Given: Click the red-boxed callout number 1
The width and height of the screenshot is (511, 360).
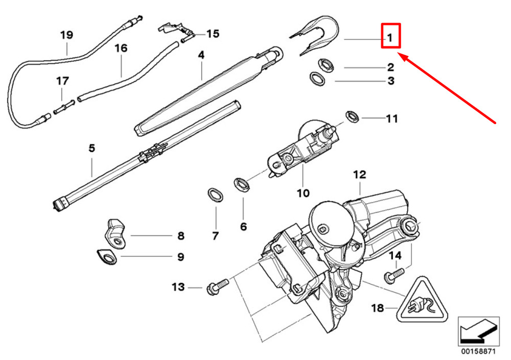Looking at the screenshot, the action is point(390,38).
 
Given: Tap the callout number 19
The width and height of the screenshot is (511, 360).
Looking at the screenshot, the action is point(66,35).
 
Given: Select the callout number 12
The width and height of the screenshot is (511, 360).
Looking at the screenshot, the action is point(360,175).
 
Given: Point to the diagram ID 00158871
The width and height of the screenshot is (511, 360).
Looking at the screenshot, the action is point(478,351).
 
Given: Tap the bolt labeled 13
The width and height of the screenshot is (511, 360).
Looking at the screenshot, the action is point(218,287).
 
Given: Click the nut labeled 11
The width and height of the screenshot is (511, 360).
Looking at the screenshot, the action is point(352,116).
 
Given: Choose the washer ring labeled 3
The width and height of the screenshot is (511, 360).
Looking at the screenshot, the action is point(317,79).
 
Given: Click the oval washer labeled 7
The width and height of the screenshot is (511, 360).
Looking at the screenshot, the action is point(216,195).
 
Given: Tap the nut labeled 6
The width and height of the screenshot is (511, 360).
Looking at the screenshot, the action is point(242,184).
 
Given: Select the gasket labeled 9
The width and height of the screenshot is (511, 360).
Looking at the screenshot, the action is point(107,257).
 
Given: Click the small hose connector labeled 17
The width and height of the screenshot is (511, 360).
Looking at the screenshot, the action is point(64,107).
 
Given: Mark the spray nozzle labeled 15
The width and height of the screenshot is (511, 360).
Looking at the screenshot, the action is point(176,30).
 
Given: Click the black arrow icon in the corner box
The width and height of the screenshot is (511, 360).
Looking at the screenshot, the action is point(478,331).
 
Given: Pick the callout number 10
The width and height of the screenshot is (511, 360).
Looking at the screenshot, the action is point(303,193).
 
